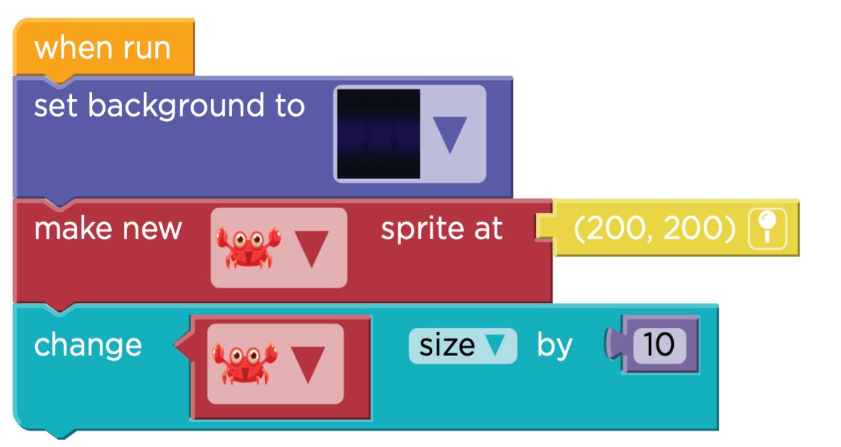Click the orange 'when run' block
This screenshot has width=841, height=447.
tap(102, 48)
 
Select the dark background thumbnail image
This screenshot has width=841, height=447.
tap(378, 133)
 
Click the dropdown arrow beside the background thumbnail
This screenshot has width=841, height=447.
tap(452, 133)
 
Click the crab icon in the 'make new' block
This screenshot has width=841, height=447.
tap(248, 248)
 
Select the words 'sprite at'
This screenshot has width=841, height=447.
tap(441, 229)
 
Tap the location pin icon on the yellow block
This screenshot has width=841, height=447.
tap(767, 229)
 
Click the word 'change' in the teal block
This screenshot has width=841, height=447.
tap(87, 345)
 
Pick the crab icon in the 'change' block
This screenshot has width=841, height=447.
tap(244, 363)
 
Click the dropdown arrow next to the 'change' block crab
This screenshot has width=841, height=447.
tap(308, 363)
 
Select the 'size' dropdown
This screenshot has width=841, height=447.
tap(462, 345)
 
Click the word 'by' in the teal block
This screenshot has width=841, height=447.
tap(554, 345)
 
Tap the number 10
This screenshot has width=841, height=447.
tap(659, 345)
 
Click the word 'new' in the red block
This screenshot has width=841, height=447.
tap(152, 229)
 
